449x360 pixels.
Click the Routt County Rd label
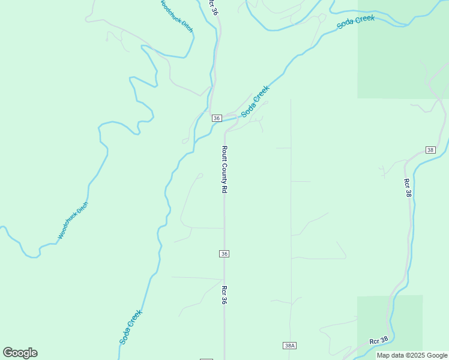point(224,169)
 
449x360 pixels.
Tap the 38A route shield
point(290,346)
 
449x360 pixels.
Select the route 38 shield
point(430,149)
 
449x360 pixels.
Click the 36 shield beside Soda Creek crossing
point(217,118)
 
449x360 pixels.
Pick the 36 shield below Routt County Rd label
point(224,254)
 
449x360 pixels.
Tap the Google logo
point(20,353)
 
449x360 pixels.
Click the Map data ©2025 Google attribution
point(412,355)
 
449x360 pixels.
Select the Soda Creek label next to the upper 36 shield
point(256,101)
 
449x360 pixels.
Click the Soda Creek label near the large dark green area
point(356,22)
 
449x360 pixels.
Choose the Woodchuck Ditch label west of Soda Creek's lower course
point(73,220)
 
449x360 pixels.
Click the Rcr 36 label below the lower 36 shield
point(224,295)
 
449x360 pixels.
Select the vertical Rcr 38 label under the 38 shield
point(408,188)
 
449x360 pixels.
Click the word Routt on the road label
point(224,154)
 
